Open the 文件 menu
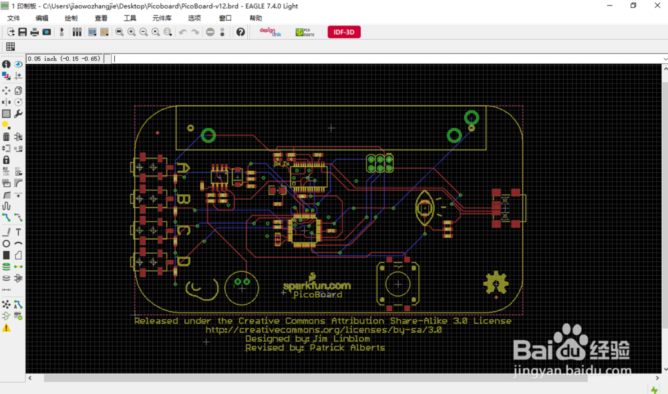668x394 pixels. (x=13, y=18)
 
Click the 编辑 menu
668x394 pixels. (x=41, y=18)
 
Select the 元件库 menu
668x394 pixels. (x=162, y=18)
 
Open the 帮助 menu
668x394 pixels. (x=255, y=18)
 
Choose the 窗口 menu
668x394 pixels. (x=225, y=18)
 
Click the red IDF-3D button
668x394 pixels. (x=344, y=31)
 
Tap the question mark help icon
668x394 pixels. (x=240, y=32)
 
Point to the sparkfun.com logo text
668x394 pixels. (x=317, y=285)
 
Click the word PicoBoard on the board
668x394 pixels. (x=318, y=294)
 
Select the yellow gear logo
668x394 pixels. (x=496, y=283)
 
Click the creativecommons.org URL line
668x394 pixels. (x=323, y=329)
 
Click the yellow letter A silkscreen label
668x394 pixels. (x=182, y=169)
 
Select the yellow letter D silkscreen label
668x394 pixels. (x=182, y=262)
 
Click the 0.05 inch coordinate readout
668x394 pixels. (x=63, y=59)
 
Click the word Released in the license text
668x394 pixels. (x=157, y=321)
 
